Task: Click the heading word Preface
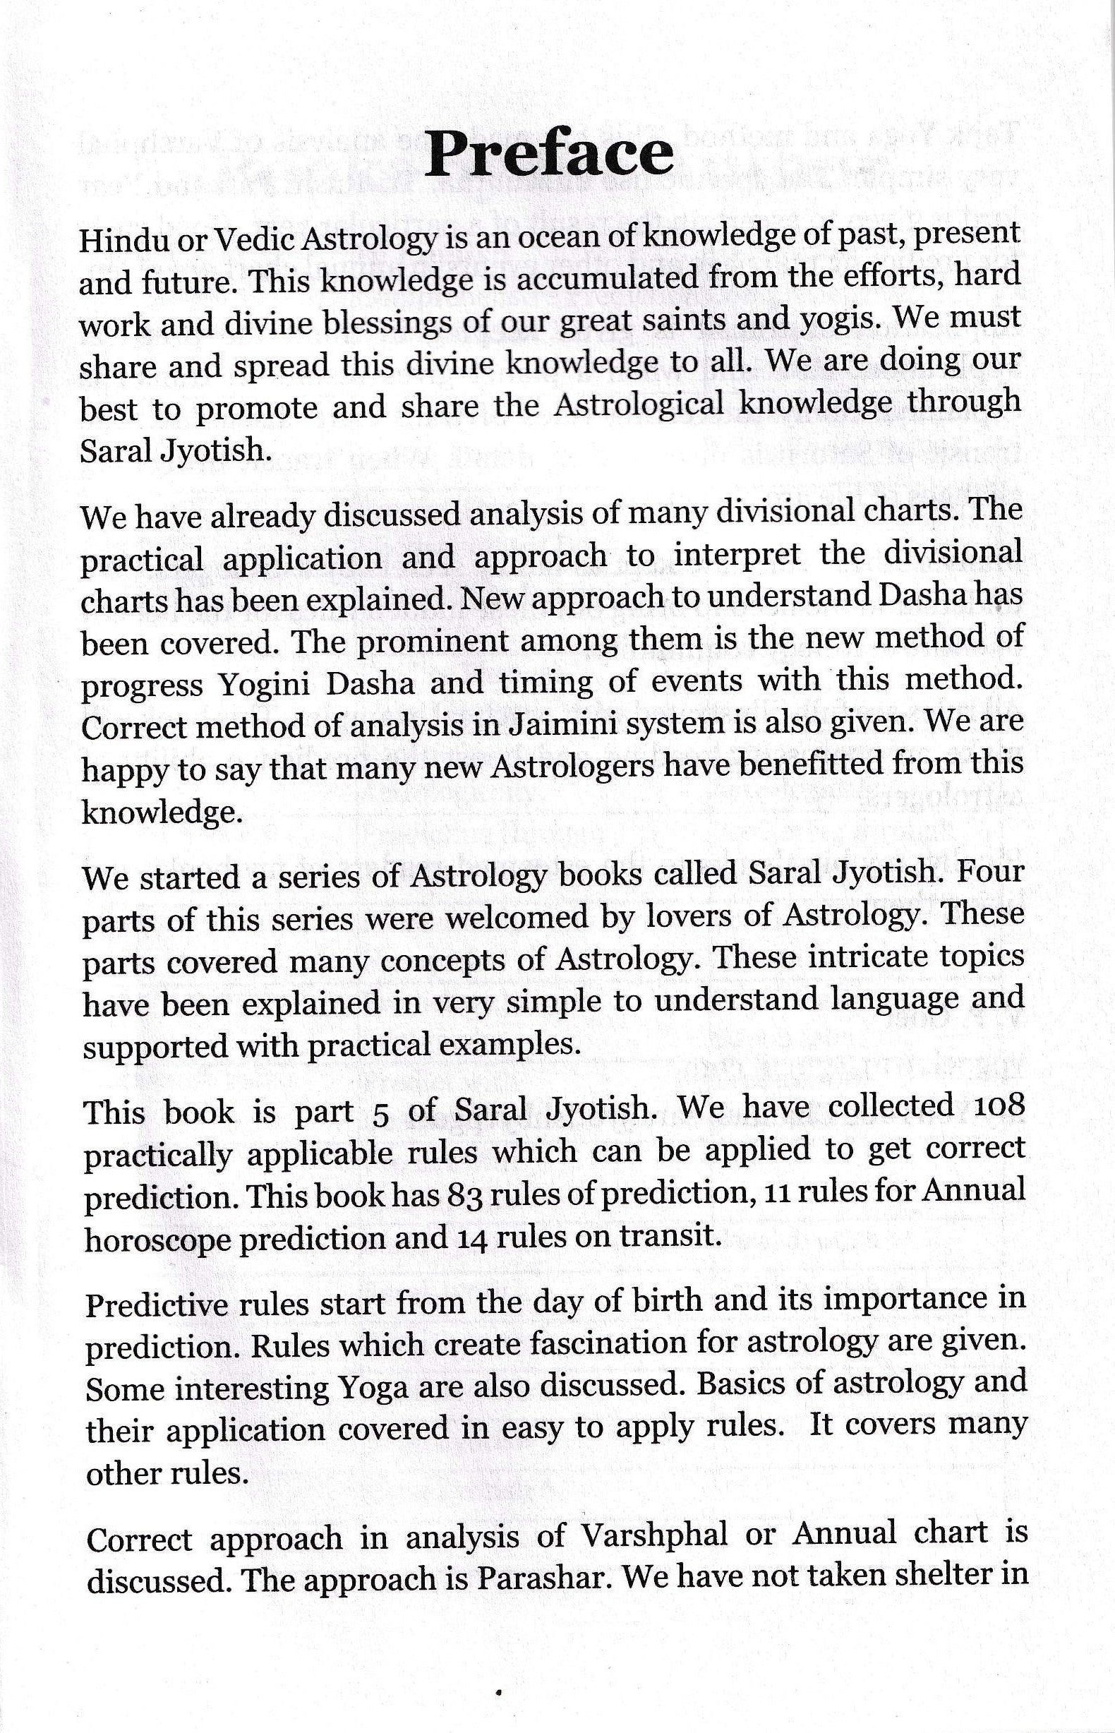548,155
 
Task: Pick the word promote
256,409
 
